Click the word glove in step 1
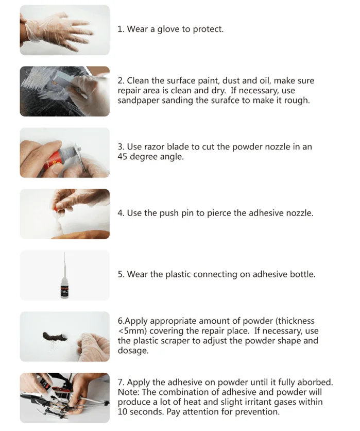click(x=168, y=29)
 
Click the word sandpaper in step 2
click(x=139, y=101)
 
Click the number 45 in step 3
click(x=122, y=157)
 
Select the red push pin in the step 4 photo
click(x=56, y=208)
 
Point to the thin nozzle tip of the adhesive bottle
click(x=64, y=253)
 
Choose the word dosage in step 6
click(x=133, y=351)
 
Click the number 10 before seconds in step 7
click(x=123, y=412)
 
